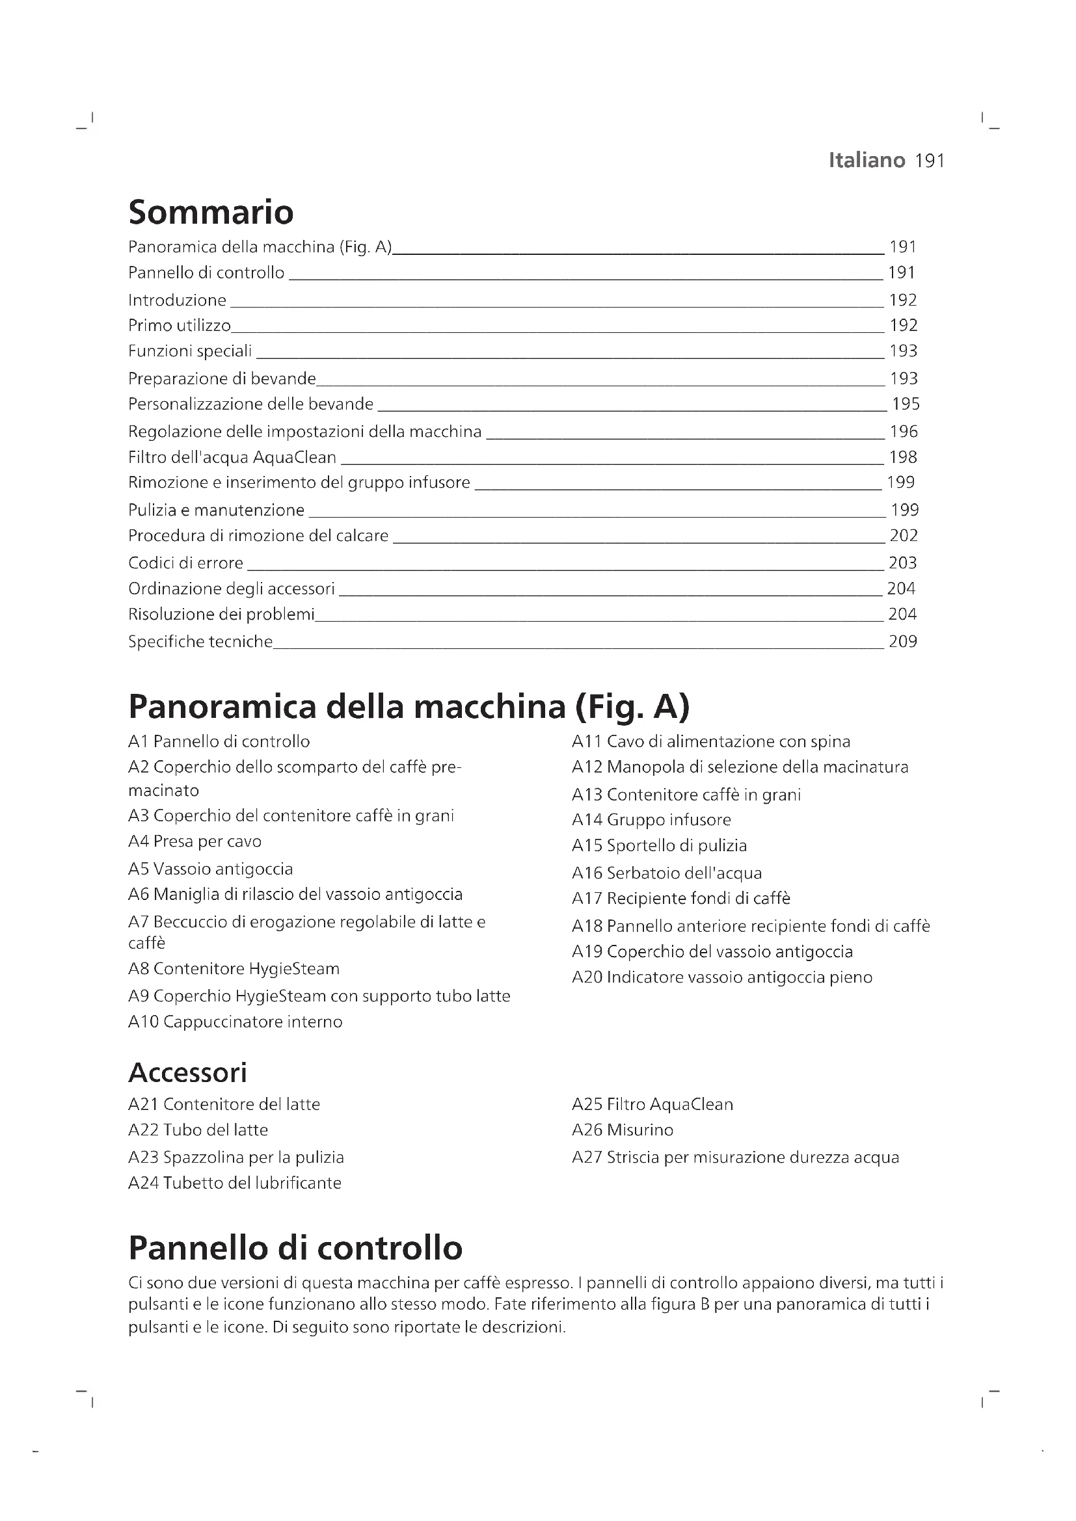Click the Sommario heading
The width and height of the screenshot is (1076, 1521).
tap(211, 212)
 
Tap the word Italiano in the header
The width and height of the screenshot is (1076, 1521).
tap(867, 161)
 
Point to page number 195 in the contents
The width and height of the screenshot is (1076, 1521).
tap(905, 403)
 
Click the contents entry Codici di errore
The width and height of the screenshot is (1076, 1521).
tap(185, 563)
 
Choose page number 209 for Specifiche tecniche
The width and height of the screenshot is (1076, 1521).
tap(902, 641)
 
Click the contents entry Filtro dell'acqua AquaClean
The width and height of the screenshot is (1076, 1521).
tap(232, 457)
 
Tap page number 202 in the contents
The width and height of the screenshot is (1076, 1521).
tap(903, 535)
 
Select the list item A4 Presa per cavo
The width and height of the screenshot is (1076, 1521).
tap(195, 841)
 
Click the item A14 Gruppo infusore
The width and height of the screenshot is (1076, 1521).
tap(651, 820)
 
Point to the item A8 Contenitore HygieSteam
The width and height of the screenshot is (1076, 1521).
tap(234, 968)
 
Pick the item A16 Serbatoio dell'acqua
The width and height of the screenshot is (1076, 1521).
tap(667, 873)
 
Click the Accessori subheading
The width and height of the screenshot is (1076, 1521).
tap(187, 1072)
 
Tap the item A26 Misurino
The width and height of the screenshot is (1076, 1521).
tap(622, 1130)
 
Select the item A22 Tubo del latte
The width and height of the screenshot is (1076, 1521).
tap(198, 1130)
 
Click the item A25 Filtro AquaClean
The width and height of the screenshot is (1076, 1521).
tap(652, 1104)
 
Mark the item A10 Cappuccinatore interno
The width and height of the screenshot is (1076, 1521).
tap(235, 1022)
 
